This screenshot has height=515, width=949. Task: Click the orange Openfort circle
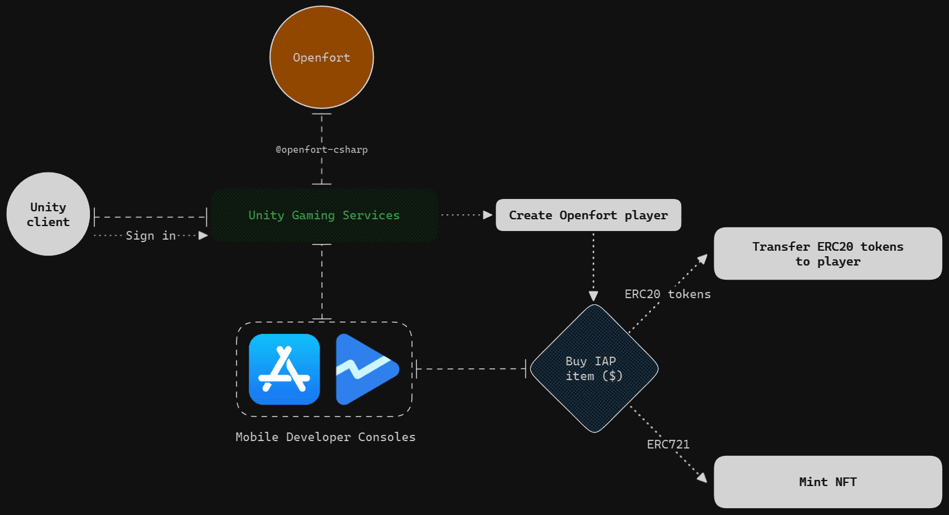point(321,57)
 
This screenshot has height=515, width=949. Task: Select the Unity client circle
point(48,214)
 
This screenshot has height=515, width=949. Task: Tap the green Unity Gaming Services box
point(324,215)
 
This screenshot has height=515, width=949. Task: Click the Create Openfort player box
point(588,215)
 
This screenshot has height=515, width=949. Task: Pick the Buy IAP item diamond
point(594,368)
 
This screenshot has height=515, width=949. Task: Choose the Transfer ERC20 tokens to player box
point(828,254)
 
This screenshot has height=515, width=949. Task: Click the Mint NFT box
point(828,482)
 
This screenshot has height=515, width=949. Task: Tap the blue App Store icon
point(285,369)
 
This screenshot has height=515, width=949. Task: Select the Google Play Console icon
point(367,369)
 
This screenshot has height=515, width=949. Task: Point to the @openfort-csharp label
point(321,150)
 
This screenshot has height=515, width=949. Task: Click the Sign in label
point(151,235)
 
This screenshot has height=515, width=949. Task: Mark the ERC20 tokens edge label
point(668,294)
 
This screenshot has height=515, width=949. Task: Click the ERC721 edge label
point(668,444)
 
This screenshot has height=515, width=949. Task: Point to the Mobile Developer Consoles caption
point(325,437)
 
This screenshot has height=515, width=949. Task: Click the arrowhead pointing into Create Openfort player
point(488,215)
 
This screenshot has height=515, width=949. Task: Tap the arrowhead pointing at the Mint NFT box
point(701,477)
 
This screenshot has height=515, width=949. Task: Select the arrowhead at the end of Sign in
point(203,235)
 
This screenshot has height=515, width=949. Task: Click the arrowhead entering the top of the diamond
point(594,296)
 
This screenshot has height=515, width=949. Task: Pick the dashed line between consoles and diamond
point(471,369)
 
